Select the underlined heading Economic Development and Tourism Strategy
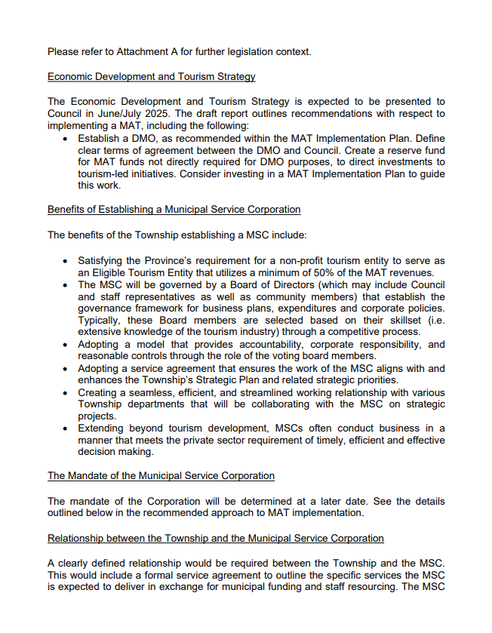(151, 76)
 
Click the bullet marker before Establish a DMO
(67, 139)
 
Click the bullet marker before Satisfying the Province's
(67, 260)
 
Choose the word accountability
(286, 344)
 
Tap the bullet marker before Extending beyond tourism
(67, 429)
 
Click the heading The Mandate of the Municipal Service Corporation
(161, 476)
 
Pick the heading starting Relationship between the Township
(215, 538)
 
